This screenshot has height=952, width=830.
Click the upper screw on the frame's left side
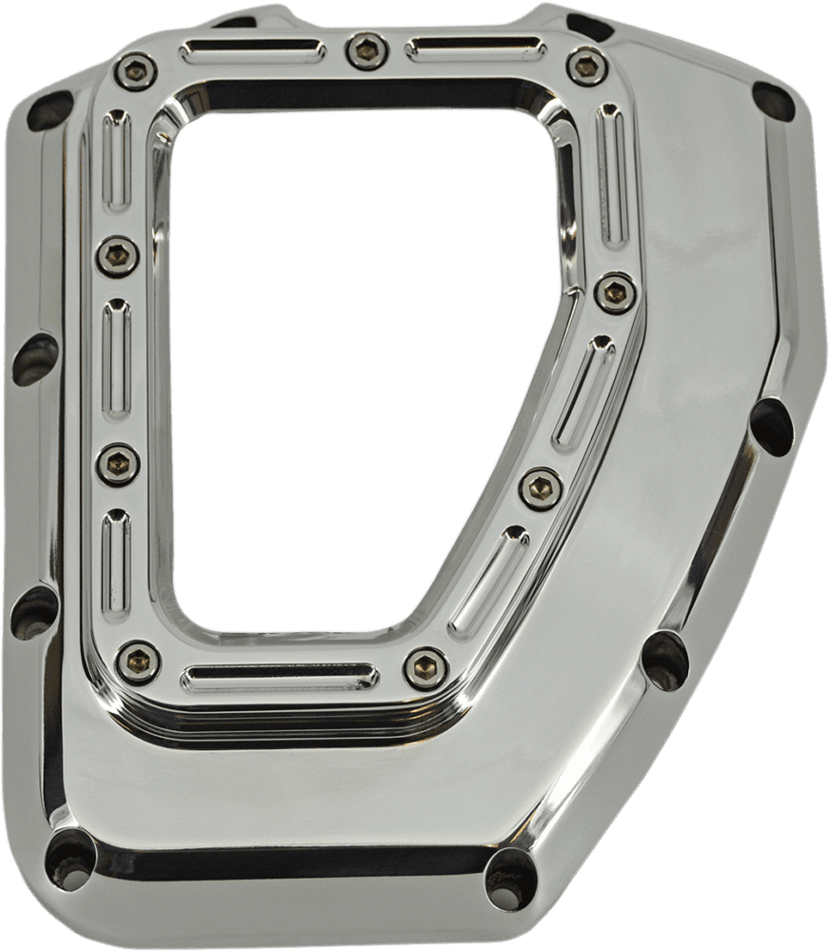[x=117, y=253]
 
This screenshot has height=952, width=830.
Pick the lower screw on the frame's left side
[x=118, y=464]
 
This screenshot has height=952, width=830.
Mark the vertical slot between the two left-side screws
[x=116, y=359]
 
